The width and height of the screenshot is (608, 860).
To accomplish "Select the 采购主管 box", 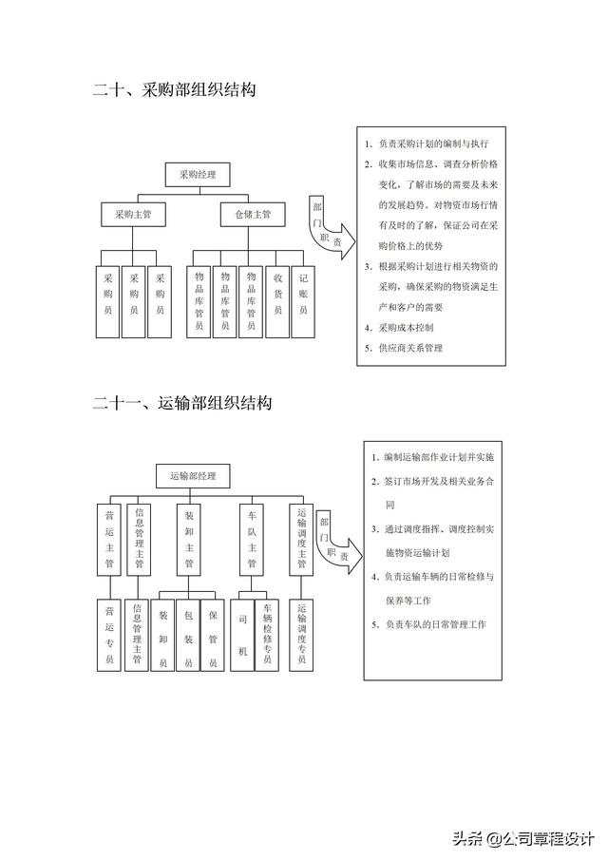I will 133,216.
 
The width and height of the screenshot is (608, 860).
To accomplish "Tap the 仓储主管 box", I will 253,216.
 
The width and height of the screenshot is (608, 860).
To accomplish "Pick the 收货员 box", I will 277,301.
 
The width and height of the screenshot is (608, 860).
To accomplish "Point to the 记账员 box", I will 303,301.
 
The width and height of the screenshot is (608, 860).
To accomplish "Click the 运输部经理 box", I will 193,475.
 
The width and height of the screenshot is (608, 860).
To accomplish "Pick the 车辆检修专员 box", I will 268,635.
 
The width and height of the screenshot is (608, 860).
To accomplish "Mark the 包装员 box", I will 188,635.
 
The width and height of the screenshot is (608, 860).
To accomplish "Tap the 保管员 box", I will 213,635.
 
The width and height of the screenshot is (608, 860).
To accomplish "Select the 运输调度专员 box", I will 302,635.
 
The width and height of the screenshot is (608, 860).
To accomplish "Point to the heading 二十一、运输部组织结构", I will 182,403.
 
